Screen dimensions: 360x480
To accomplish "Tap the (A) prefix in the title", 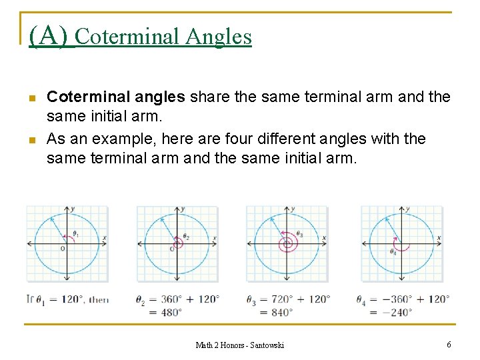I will (49, 35).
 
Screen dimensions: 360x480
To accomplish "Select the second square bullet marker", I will (31, 139).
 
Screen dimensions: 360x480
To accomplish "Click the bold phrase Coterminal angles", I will (115, 97).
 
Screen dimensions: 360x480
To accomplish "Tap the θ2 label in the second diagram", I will (186, 237).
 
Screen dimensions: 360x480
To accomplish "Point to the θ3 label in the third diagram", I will (299, 235).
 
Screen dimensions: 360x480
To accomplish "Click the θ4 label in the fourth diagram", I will (394, 252).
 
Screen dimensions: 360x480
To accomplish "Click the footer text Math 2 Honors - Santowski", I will (239, 345).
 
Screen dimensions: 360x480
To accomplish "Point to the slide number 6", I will (449, 344).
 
